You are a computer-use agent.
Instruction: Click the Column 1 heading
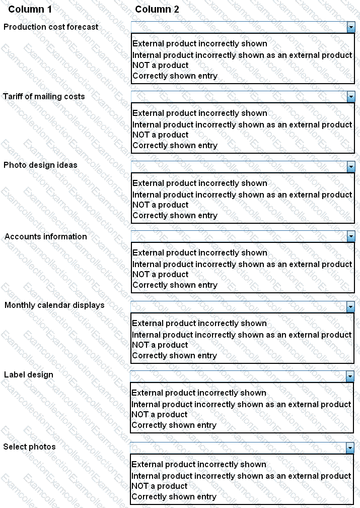[x=30, y=10]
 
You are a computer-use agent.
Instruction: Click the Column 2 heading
[x=157, y=10]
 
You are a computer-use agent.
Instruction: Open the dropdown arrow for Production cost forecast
[x=351, y=27]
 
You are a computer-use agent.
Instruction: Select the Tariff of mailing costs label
[x=44, y=96]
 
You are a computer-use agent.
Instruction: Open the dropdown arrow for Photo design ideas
[x=351, y=166]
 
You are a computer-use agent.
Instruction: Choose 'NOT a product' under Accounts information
[x=160, y=275]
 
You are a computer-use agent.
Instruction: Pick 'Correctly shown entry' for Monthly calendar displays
[x=174, y=356]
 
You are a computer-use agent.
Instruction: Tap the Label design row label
[x=29, y=374]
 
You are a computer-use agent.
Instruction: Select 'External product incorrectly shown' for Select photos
[x=199, y=464]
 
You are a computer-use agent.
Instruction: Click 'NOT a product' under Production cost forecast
[x=160, y=66]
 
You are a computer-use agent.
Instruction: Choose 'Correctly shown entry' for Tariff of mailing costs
[x=175, y=146]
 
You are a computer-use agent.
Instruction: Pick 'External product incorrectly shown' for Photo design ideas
[x=199, y=183]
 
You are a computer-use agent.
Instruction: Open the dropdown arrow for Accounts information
[x=351, y=236]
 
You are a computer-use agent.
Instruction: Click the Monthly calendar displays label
[x=54, y=305]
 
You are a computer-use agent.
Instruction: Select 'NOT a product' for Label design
[x=160, y=415]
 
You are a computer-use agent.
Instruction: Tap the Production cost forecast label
[x=51, y=27]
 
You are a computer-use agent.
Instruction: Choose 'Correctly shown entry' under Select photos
[x=174, y=497]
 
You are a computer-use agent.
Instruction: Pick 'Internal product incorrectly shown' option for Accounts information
[x=242, y=265]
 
